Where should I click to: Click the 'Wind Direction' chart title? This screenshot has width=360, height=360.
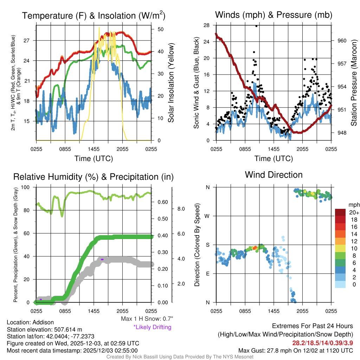click(x=274, y=175)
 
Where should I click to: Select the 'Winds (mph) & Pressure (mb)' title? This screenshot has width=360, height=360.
click(x=274, y=15)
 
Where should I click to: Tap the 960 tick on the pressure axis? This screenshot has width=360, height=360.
click(x=342, y=40)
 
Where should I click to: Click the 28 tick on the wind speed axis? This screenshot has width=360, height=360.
click(x=207, y=25)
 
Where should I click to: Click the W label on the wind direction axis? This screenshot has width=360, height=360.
click(x=208, y=216)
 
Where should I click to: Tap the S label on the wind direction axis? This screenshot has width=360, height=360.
click(x=208, y=245)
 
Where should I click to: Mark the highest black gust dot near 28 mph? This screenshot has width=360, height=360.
click(x=256, y=26)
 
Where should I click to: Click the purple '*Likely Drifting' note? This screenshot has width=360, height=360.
click(x=152, y=327)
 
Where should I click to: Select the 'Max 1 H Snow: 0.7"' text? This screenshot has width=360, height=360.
click(x=147, y=319)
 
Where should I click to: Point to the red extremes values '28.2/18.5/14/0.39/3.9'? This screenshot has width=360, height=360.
click(x=322, y=342)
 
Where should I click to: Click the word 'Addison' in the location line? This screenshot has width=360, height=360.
click(x=43, y=322)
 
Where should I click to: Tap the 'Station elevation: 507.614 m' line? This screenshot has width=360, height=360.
click(x=44, y=329)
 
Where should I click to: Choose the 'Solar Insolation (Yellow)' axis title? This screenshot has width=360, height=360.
click(x=171, y=83)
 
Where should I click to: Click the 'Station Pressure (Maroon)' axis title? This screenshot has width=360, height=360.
click(x=354, y=83)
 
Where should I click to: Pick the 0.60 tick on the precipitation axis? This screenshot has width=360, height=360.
click(x=162, y=202)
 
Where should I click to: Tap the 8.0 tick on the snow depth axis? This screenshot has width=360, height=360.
click(x=180, y=209)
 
